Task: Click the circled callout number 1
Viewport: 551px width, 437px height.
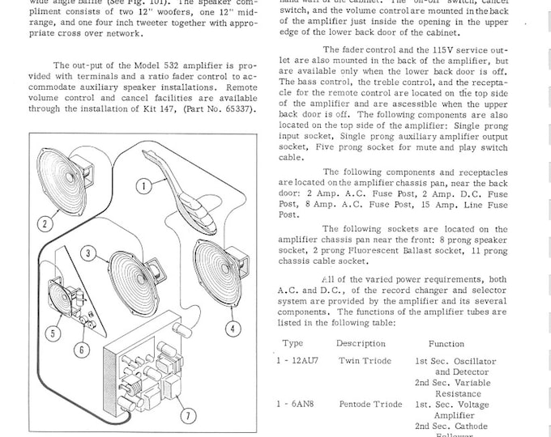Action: pos(143,187)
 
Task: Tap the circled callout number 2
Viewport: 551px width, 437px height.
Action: pos(45,223)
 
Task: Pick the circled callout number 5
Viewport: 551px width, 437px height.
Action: pos(53,332)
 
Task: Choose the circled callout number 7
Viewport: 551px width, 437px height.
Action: pos(189,416)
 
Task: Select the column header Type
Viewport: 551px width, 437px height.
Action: pos(293,343)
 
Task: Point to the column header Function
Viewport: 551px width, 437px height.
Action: pos(446,343)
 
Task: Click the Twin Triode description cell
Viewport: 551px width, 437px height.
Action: pos(365,361)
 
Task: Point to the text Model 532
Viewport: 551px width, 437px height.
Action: pos(139,66)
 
